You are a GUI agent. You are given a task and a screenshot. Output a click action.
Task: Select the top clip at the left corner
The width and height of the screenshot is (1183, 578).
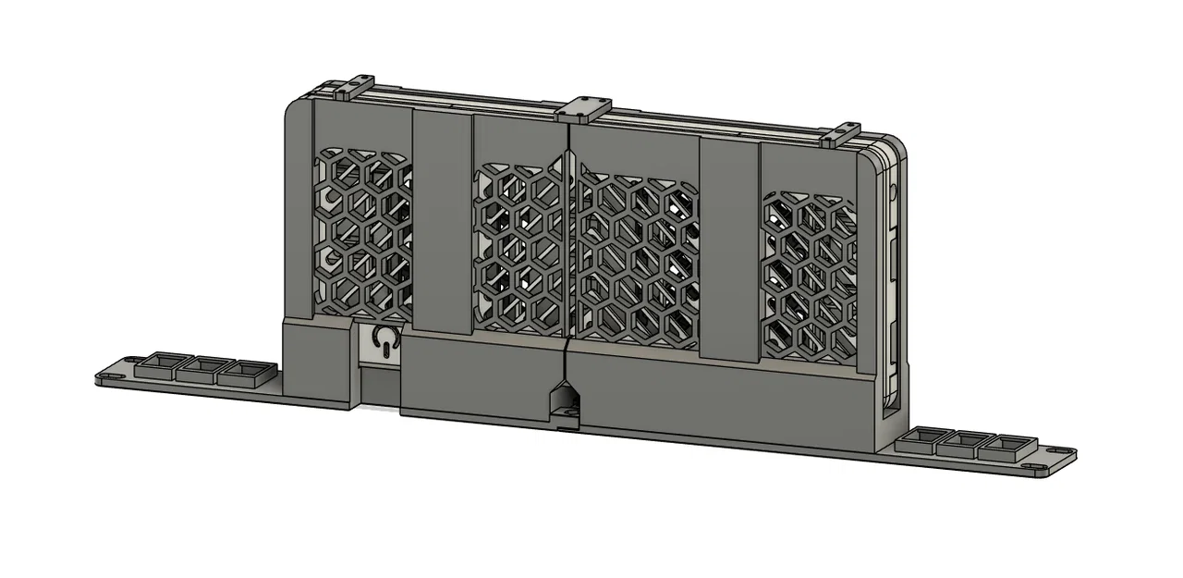click(345, 89)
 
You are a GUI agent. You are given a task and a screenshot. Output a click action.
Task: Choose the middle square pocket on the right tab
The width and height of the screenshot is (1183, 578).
click(962, 444)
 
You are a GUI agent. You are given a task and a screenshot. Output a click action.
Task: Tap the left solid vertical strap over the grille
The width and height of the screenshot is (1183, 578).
click(442, 222)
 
